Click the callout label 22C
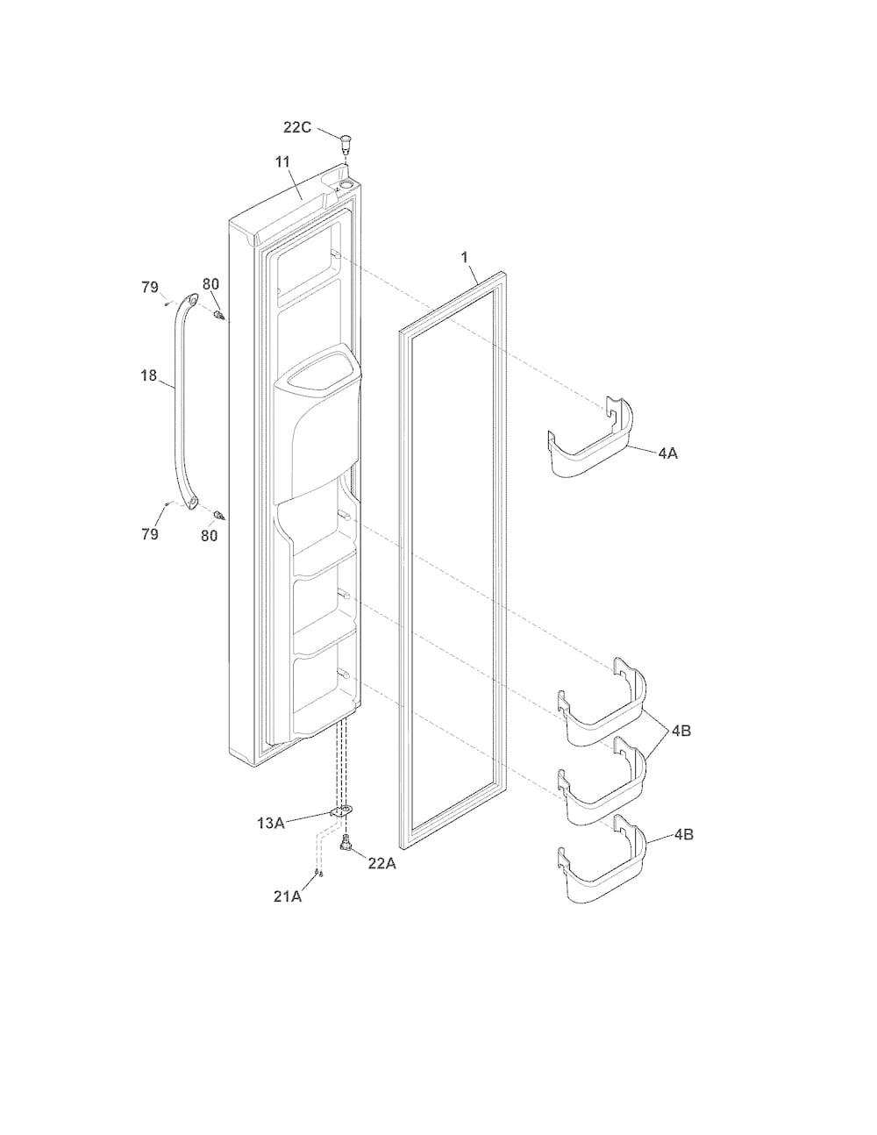click(x=297, y=127)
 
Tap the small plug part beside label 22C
click(x=345, y=142)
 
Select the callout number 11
click(x=282, y=162)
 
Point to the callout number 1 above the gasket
click(x=465, y=257)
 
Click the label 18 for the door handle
click(x=149, y=375)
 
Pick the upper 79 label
click(x=150, y=287)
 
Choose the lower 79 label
click(x=150, y=534)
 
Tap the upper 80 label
click(x=210, y=284)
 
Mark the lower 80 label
click(x=210, y=535)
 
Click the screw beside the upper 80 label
click(x=218, y=315)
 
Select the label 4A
click(x=667, y=453)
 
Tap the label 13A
click(x=271, y=823)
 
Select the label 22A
click(x=381, y=864)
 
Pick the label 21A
click(x=287, y=896)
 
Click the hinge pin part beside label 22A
click(x=345, y=841)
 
